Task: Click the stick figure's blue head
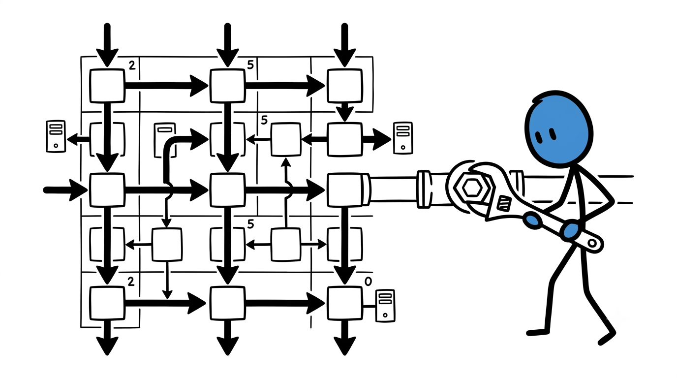pos(559,127)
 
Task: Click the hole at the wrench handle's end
pos(592,243)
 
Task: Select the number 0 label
pos(368,282)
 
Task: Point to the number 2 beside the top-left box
pos(132,65)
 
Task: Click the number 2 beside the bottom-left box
pos(131,282)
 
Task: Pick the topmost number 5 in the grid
pos(250,64)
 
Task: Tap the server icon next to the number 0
pos(385,306)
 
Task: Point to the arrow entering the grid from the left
pos(65,190)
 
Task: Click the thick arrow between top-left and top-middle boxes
pos(166,86)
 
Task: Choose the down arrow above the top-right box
pos(344,45)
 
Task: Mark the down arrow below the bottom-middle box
pos(228,338)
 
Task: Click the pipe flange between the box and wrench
pos(424,189)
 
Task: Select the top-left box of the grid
pos(107,86)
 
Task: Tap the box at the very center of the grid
pos(227,190)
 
